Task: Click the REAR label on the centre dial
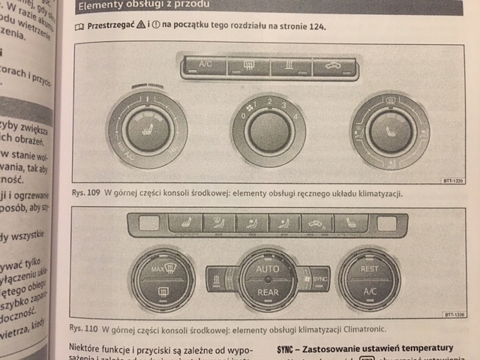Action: point(267,292)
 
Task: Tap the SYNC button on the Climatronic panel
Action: point(318,277)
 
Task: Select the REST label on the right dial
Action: point(369,268)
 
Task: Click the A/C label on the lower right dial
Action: point(368,291)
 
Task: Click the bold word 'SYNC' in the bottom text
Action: point(286,348)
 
